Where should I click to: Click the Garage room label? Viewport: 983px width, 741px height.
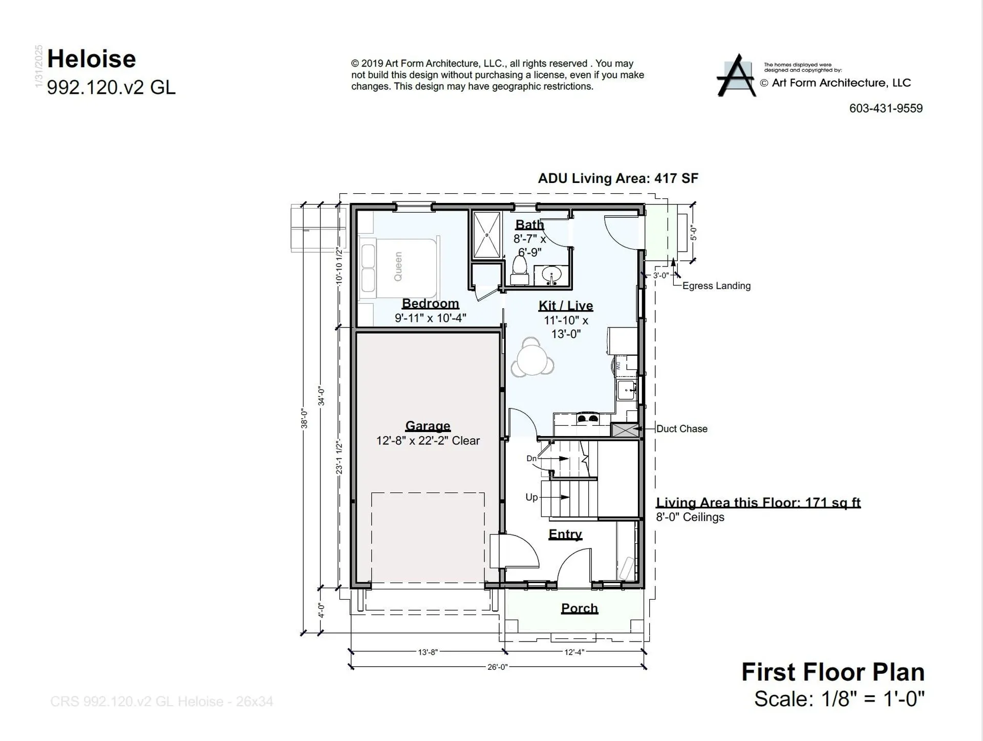click(428, 426)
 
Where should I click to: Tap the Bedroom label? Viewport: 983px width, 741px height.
click(430, 303)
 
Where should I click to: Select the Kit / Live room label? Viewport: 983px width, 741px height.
click(566, 306)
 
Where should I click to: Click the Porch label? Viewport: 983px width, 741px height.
click(579, 608)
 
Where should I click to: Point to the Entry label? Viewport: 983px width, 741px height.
click(565, 534)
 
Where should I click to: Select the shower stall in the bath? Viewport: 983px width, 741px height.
click(486, 235)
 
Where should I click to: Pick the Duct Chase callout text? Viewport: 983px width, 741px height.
click(681, 429)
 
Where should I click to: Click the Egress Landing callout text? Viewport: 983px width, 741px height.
click(716, 286)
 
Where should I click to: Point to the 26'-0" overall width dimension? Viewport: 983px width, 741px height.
click(497, 667)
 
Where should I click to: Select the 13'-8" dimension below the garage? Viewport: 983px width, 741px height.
click(428, 652)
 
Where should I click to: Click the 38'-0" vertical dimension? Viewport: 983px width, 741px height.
click(304, 418)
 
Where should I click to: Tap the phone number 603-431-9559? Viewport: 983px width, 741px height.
click(886, 109)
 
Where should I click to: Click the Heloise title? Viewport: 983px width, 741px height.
click(92, 59)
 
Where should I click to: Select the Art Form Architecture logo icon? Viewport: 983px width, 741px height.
click(736, 76)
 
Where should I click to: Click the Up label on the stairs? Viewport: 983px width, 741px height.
click(531, 497)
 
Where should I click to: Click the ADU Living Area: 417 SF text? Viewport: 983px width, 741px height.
click(617, 178)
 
